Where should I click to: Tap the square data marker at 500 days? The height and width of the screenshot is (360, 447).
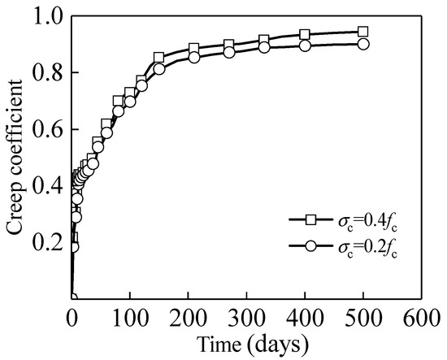[x=362, y=33]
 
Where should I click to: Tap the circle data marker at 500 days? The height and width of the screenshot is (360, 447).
[x=362, y=44]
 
